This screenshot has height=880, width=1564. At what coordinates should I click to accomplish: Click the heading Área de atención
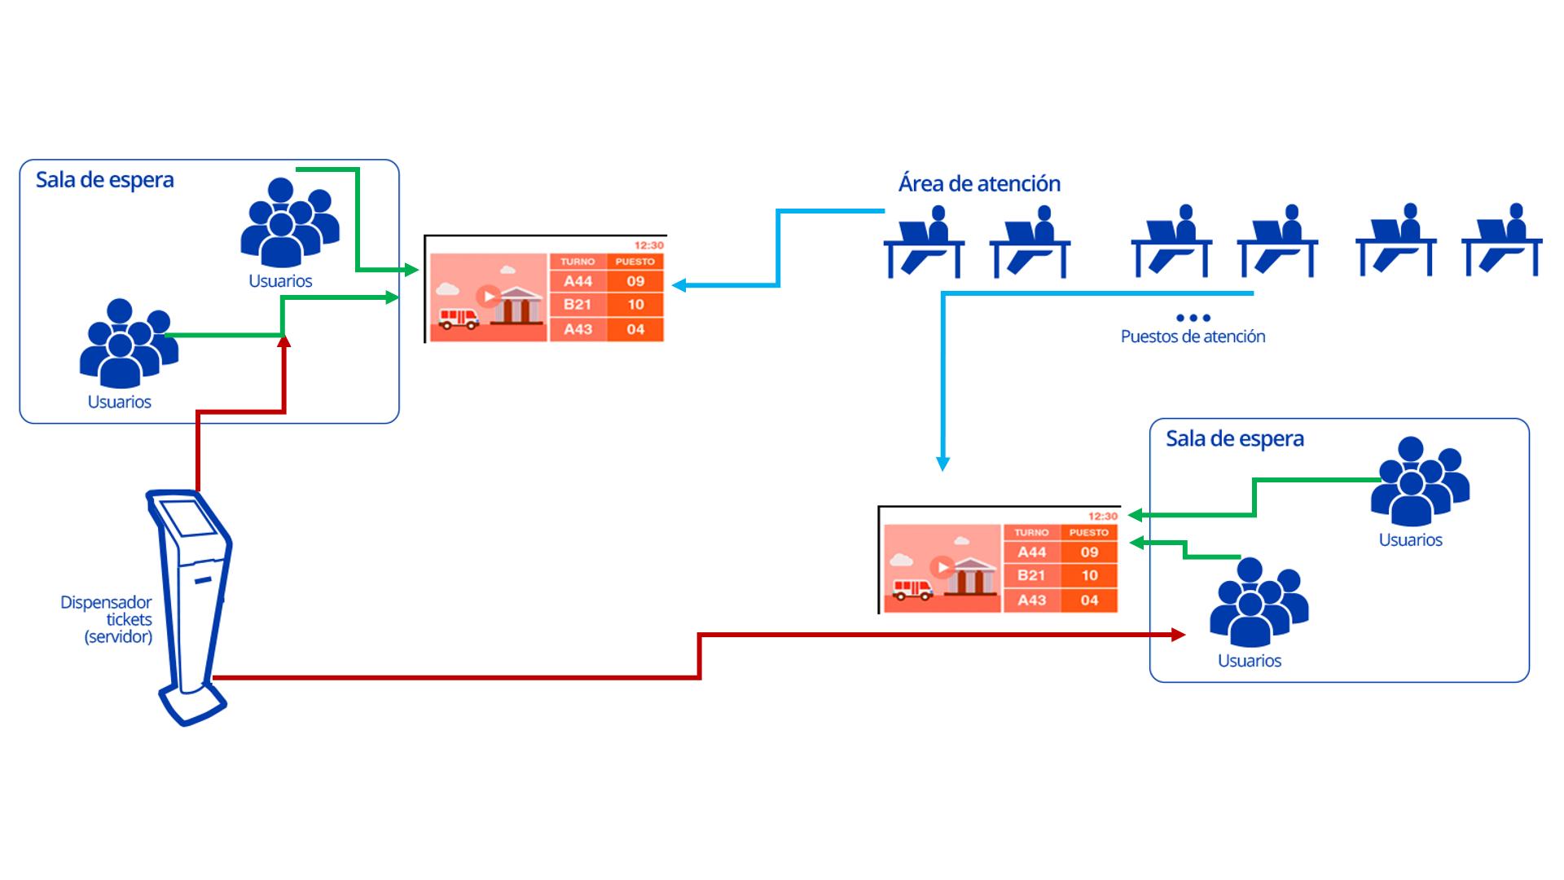979,183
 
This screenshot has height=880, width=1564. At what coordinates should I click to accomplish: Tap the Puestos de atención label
1193,337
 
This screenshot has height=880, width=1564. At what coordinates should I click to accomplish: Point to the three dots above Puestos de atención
1193,318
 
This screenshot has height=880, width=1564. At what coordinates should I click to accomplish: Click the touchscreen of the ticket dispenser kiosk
188,518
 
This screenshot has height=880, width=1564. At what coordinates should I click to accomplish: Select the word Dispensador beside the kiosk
106,602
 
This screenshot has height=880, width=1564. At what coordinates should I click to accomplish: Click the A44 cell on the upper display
578,281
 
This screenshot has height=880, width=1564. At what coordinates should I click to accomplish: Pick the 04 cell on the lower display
1090,601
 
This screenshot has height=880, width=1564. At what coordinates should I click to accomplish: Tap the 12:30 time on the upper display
649,245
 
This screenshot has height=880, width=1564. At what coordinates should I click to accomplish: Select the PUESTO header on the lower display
1089,533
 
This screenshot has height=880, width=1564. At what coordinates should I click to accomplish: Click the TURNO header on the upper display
578,262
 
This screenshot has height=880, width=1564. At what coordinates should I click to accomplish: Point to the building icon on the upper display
519,306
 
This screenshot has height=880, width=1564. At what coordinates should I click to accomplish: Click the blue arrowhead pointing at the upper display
678,285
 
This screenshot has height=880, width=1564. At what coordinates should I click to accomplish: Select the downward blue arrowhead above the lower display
943,464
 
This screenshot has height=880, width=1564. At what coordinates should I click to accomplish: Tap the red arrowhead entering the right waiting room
1179,635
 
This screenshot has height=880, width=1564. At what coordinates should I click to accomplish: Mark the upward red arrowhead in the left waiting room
283,342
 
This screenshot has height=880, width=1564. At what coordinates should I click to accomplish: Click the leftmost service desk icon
925,242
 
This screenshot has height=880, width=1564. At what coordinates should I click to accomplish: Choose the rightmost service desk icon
1502,242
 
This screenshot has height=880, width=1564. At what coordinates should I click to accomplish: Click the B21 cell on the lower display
1031,575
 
